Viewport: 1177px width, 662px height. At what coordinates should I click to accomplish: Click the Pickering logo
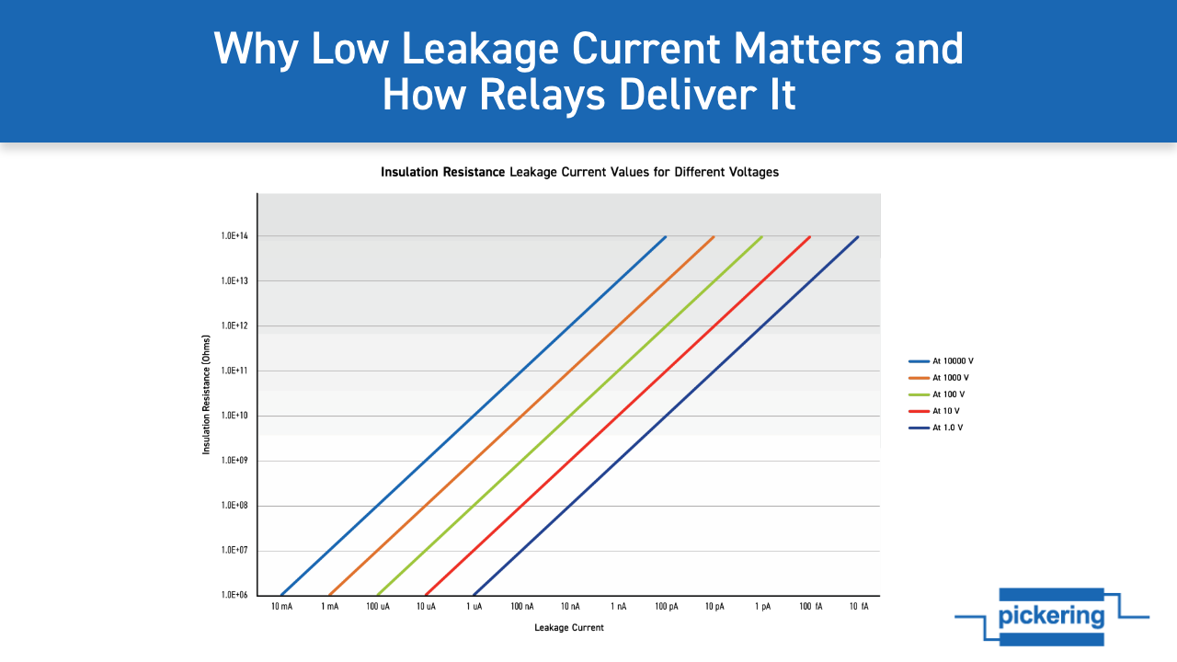tap(1051, 616)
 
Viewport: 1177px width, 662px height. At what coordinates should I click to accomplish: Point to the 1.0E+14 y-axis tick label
tap(234, 236)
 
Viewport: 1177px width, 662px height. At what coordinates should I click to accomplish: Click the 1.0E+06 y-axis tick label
tap(234, 595)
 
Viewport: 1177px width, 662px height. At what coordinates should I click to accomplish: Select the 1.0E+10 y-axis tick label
tap(234, 416)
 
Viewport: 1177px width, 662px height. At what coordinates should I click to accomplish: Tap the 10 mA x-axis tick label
tap(282, 608)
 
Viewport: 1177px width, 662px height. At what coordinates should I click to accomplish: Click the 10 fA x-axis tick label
tap(859, 608)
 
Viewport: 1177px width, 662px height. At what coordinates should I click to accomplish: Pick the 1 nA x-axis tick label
tap(619, 608)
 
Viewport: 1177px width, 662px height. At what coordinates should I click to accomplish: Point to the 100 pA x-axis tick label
tap(667, 608)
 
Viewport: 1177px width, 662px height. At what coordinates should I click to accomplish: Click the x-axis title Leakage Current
tap(569, 628)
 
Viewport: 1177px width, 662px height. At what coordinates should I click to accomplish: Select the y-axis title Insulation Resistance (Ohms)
tap(207, 394)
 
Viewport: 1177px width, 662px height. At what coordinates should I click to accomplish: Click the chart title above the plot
tap(579, 172)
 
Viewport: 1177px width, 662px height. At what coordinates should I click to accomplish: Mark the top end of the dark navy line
tap(858, 236)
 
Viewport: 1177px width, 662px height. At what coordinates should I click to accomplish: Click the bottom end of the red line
tap(426, 595)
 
